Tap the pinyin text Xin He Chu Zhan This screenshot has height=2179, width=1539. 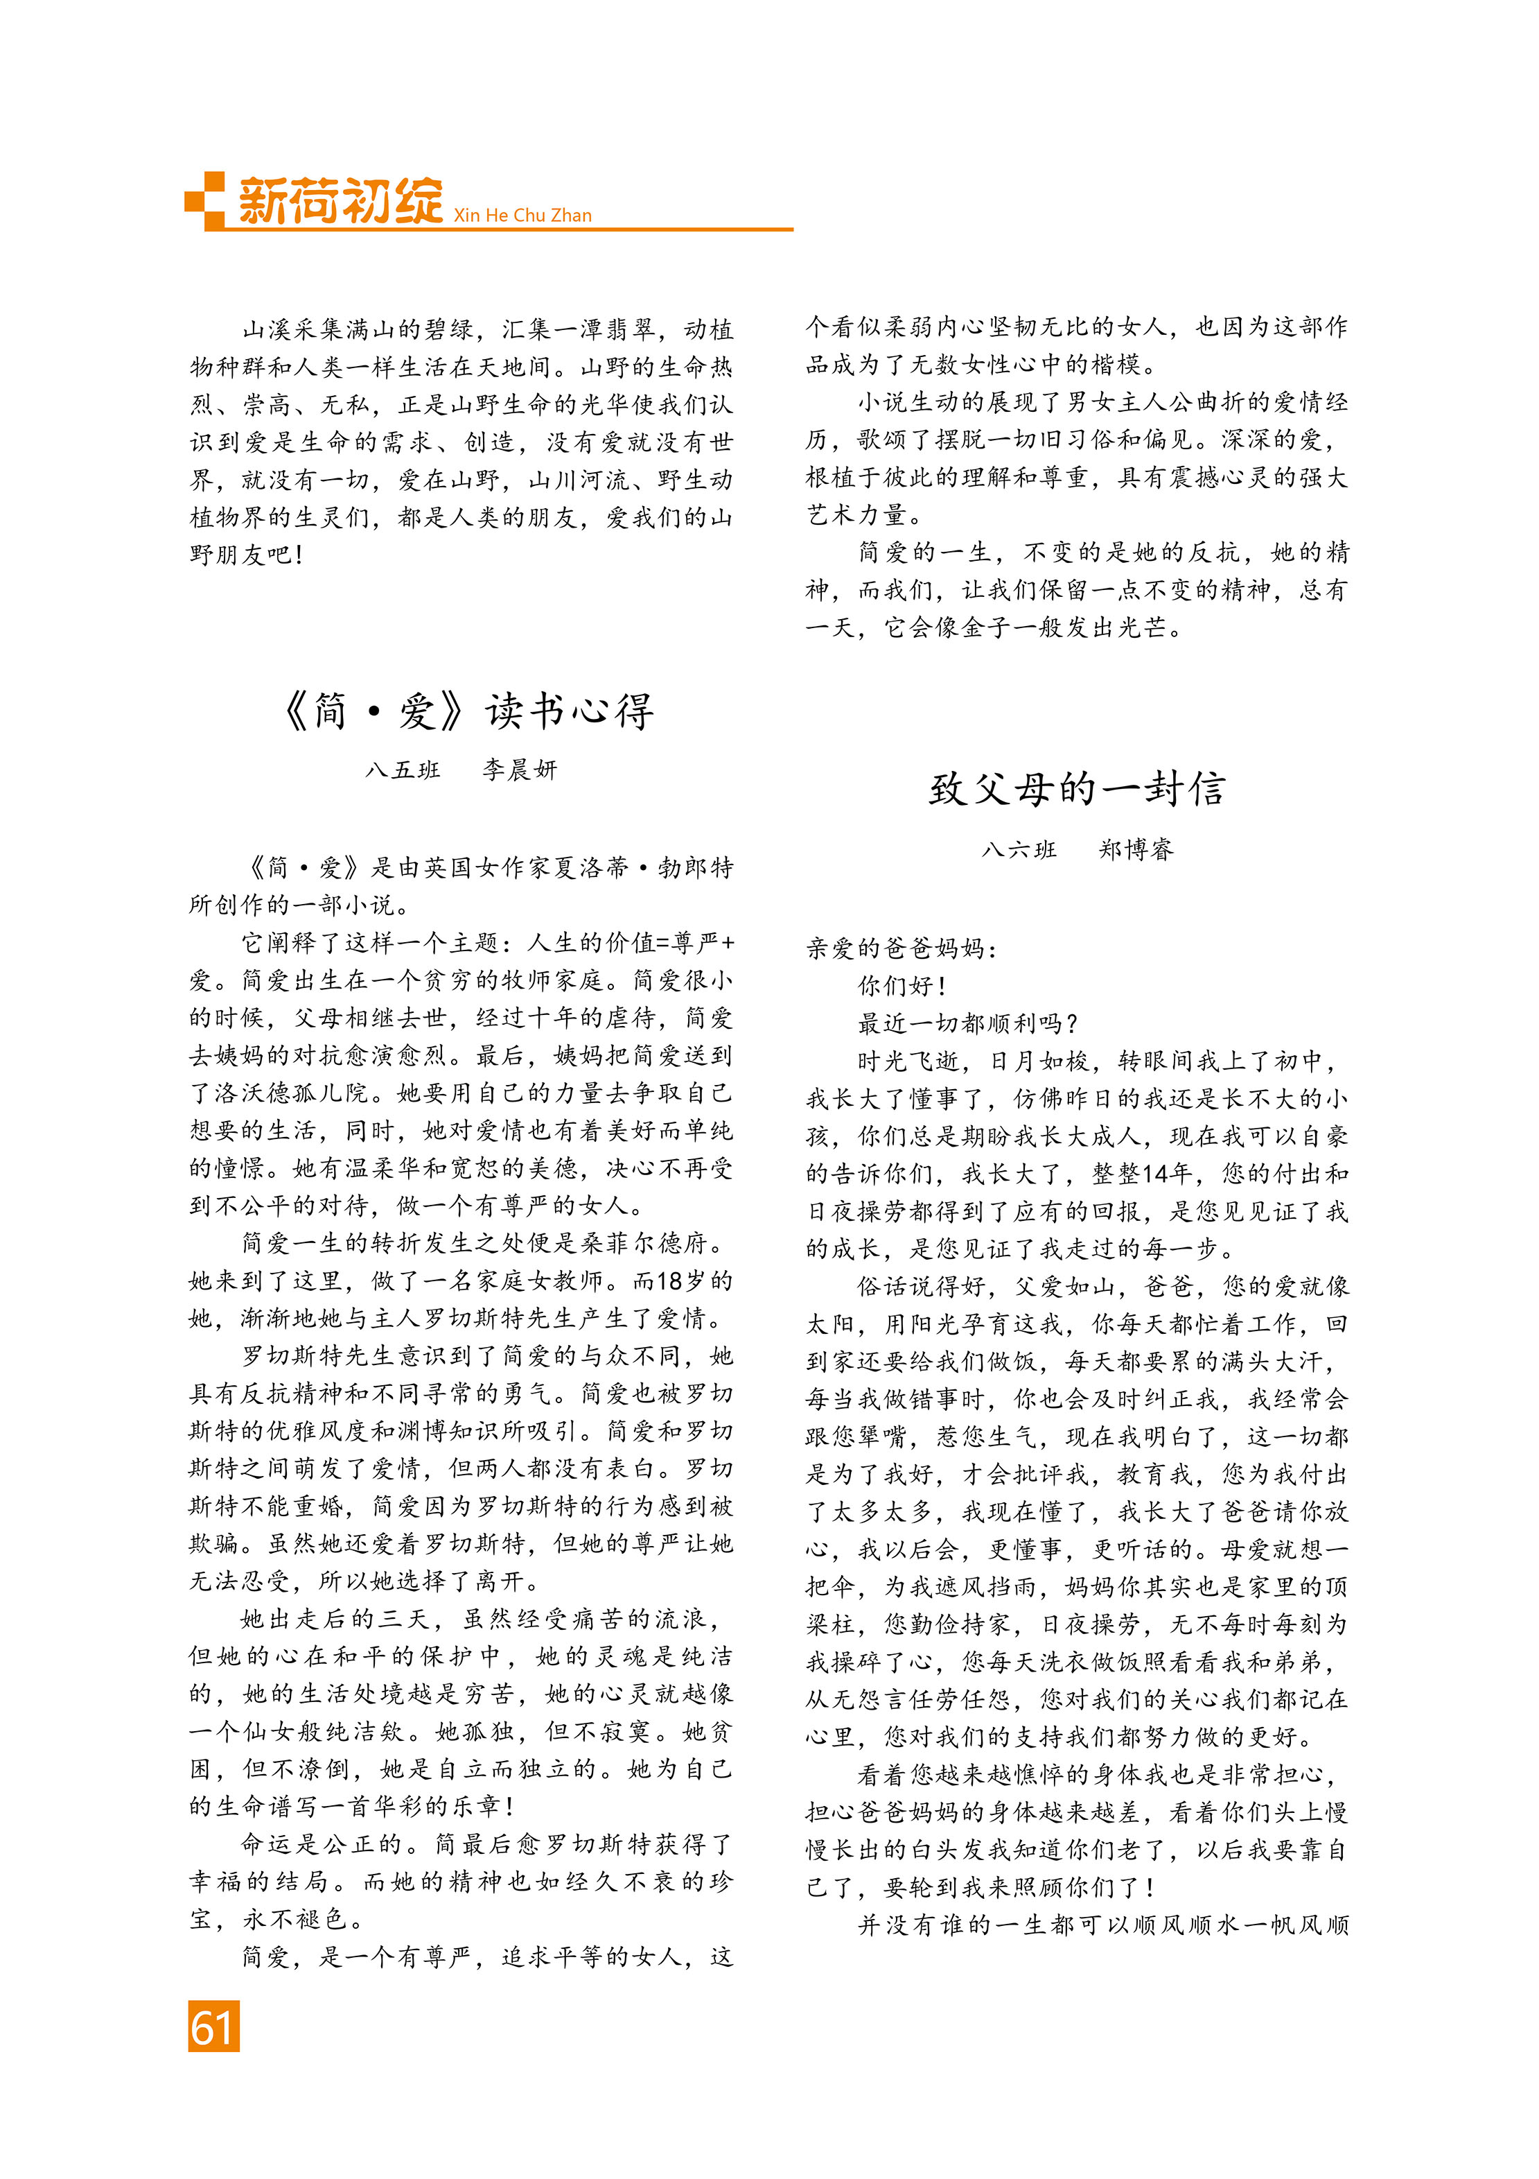pos(522,216)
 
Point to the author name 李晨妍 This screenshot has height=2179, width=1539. pos(519,770)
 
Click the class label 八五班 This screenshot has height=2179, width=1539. pos(403,770)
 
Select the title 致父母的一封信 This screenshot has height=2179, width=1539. pos(1077,790)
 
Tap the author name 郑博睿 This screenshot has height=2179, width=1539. pos(1136,849)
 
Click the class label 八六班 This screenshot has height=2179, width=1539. pos(1019,849)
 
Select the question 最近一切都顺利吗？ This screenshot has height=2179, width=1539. pos(968,1023)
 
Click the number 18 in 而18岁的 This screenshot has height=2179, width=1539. pos(669,1281)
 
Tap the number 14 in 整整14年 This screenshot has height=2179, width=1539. pos(1156,1174)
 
